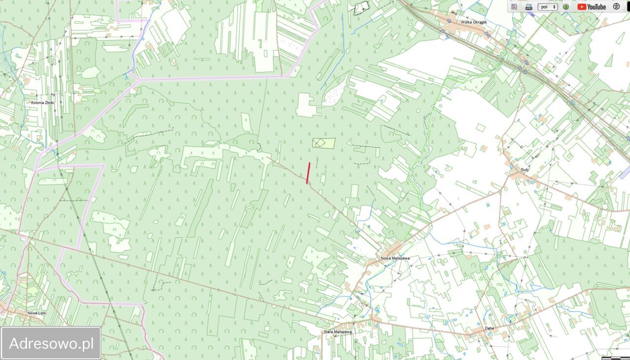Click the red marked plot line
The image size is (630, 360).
[x=308, y=173]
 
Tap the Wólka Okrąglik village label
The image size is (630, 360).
[x=473, y=22]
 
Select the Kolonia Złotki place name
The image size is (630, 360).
[x=43, y=102]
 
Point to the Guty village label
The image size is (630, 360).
[x=525, y=169]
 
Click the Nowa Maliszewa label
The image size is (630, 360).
[x=395, y=258]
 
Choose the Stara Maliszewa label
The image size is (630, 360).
[x=338, y=332]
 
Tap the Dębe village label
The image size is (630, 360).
[x=489, y=328]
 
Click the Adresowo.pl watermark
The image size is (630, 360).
[x=51, y=343]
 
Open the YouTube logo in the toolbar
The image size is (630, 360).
[x=592, y=7]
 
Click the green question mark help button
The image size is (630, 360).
[x=566, y=7]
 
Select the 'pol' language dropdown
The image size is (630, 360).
[x=547, y=7]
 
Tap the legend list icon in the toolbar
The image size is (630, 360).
[x=514, y=7]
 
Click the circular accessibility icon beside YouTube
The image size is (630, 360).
[x=616, y=7]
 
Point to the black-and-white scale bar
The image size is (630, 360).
[x=615, y=358]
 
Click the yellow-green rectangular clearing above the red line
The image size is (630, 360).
[x=324, y=143]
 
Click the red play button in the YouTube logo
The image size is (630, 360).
[x=582, y=7]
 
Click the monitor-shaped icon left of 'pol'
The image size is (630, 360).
[x=529, y=7]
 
